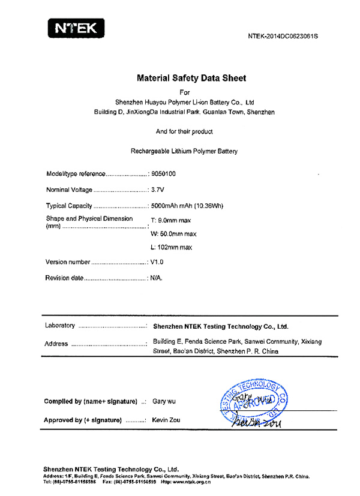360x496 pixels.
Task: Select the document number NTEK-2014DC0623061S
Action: (283, 36)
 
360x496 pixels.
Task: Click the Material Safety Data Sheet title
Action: (191, 78)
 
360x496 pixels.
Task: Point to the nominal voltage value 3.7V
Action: (158, 190)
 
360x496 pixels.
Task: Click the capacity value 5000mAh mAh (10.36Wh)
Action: (187, 206)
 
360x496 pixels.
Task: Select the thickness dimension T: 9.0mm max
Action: (170, 221)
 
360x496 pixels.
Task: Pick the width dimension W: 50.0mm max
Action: (173, 234)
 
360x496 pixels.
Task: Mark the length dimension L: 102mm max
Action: (172, 247)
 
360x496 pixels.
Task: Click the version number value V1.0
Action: (157, 262)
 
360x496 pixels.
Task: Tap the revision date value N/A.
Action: (157, 278)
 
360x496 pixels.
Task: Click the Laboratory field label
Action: (60, 326)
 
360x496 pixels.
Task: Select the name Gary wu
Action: (165, 401)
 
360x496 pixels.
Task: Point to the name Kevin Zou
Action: (166, 420)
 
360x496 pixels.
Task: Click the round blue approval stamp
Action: (253, 401)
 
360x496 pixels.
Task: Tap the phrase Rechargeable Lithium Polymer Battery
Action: (184, 151)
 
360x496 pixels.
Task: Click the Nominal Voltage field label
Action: (69, 190)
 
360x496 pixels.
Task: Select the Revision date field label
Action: (64, 278)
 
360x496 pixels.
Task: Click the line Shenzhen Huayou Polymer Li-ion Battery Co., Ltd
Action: (185, 103)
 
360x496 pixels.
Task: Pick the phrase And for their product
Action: (184, 131)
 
